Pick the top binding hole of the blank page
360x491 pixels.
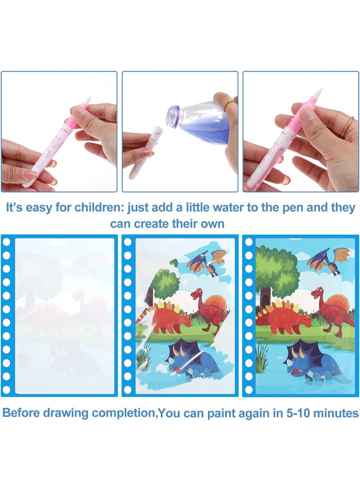[x=6, y=242]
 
